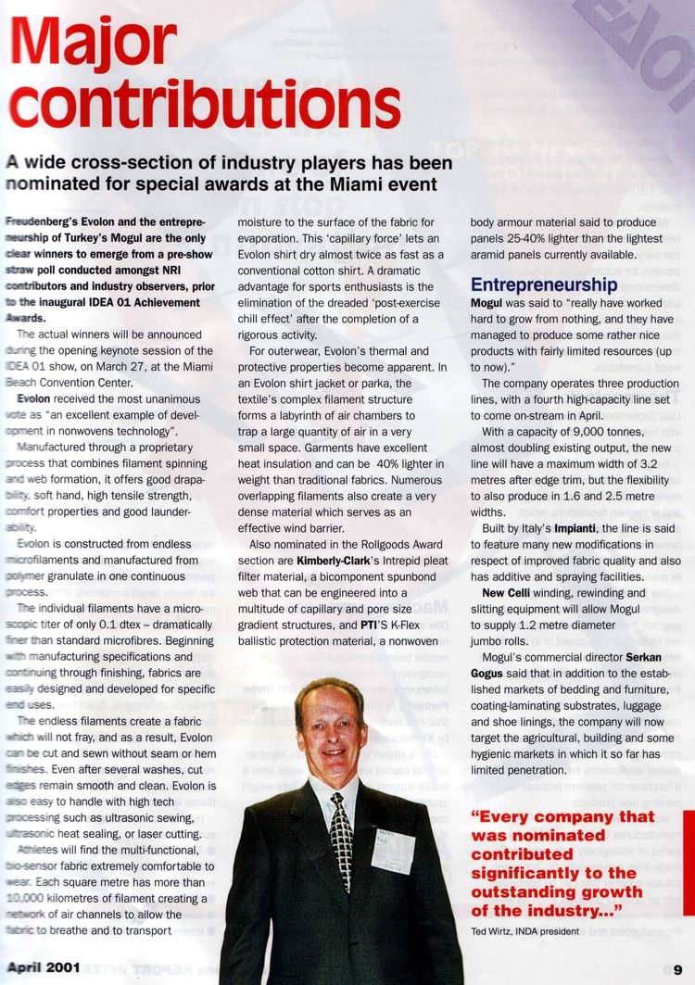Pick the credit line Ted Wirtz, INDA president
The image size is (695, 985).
click(525, 930)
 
